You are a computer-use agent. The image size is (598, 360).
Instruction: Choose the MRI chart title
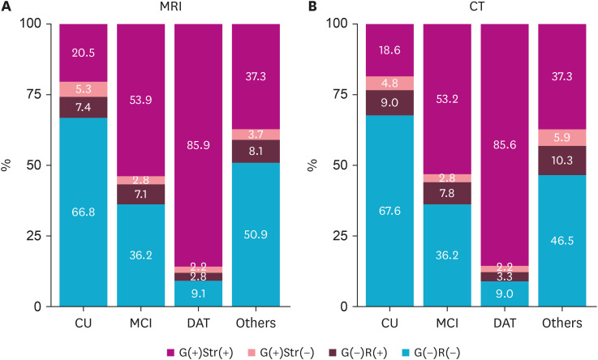[x=170, y=8]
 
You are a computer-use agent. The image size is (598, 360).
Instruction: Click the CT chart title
[x=475, y=8]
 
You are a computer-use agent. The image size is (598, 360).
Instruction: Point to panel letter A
[x=6, y=8]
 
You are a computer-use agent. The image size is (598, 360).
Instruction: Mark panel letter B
[x=312, y=8]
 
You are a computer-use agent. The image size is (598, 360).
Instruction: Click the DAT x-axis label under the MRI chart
[x=198, y=323]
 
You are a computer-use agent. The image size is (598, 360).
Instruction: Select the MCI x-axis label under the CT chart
[x=446, y=323]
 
